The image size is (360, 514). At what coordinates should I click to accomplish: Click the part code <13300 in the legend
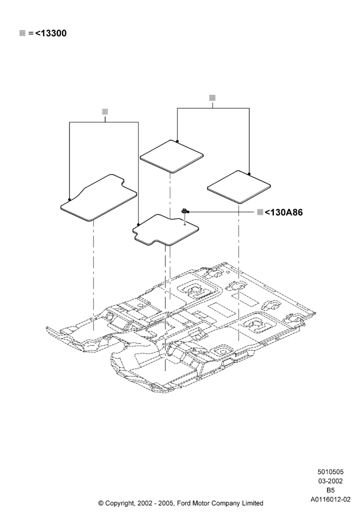[50, 33]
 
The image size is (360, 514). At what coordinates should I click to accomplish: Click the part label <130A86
[283, 212]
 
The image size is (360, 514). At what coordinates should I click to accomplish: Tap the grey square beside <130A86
[260, 212]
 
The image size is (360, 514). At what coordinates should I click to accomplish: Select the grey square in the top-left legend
[22, 33]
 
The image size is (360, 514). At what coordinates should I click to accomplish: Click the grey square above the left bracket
[105, 112]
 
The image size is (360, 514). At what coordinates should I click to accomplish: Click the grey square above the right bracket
[212, 98]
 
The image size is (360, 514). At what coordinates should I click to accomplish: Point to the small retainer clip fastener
[185, 211]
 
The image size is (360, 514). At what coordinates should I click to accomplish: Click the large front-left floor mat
[99, 198]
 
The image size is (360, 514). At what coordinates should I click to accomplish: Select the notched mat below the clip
[166, 230]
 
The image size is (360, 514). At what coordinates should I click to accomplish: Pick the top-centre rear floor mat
[171, 156]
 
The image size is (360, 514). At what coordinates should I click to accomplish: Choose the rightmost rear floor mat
[239, 187]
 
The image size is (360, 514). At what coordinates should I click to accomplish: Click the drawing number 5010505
[330, 472]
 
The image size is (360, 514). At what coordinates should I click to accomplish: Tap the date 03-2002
[330, 481]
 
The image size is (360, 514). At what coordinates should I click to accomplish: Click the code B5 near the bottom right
[330, 490]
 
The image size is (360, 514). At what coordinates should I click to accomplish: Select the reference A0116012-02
[330, 500]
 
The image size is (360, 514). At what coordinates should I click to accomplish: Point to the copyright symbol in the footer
[101, 503]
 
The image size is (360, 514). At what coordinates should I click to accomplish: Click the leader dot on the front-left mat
[69, 199]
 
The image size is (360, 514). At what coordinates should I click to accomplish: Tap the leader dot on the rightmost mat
[249, 174]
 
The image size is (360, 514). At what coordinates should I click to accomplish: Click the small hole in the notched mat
[185, 225]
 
